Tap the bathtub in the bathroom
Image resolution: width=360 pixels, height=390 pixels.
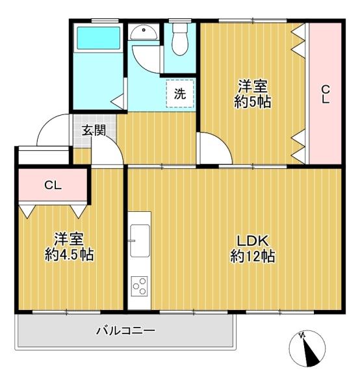99,38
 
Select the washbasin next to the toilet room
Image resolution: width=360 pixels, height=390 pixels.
144,33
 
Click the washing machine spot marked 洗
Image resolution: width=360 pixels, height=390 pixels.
180,94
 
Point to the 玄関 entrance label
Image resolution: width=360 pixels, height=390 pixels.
94,130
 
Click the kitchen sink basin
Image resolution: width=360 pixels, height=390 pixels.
140,240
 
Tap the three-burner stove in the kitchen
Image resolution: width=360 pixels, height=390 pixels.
140,286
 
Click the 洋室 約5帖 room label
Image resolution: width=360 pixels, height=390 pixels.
253,94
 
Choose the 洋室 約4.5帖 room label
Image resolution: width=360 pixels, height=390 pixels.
69,247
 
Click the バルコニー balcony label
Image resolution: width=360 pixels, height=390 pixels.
125,331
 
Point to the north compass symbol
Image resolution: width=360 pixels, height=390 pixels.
307,348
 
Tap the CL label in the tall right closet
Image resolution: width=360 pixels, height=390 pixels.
326,94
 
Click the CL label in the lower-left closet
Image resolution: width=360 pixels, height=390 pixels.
53,185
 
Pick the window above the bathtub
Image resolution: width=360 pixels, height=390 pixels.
105,21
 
